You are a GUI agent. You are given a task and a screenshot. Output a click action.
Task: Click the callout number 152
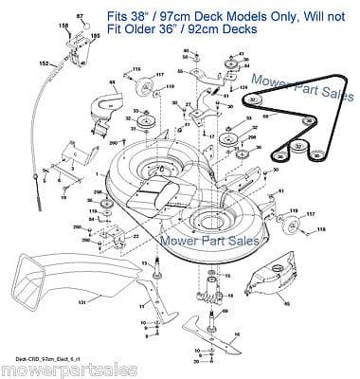44,62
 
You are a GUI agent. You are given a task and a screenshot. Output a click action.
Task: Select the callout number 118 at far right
346,230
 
